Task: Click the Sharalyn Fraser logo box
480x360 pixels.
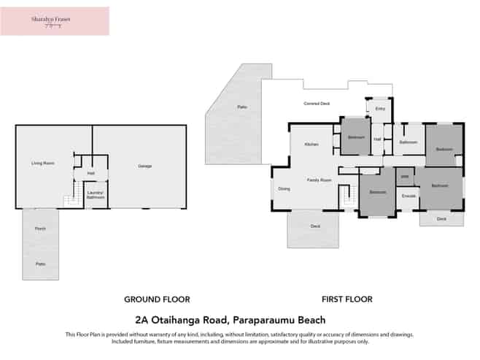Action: (55, 21)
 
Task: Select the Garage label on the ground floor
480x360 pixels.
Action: (144, 166)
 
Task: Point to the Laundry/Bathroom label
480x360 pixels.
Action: (96, 195)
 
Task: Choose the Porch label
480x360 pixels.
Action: (40, 229)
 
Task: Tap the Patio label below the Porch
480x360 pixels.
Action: (40, 264)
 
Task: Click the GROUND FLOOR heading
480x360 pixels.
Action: (157, 299)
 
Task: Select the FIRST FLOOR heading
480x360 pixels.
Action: (347, 299)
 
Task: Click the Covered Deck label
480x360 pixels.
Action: (317, 104)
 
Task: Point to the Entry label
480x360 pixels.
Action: (379, 109)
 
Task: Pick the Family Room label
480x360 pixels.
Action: (319, 180)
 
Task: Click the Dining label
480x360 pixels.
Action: (284, 189)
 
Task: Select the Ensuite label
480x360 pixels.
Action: (409, 196)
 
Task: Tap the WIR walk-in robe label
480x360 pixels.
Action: (405, 176)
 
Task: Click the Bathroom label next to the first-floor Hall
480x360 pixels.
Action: (408, 142)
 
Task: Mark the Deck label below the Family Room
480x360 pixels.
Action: (315, 226)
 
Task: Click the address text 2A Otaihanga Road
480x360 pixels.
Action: (231, 320)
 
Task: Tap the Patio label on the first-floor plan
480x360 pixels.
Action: (241, 107)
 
